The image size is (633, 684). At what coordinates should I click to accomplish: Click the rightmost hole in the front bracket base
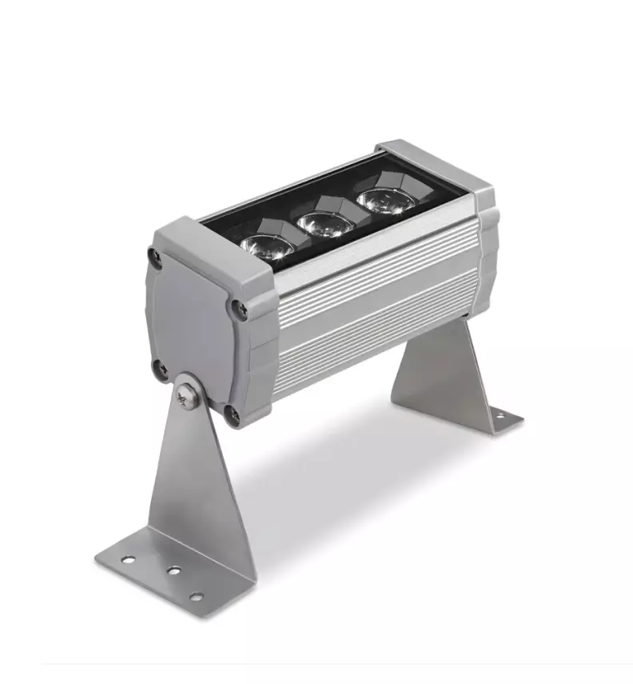point(194,596)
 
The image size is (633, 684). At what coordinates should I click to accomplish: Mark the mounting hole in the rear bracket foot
point(497,414)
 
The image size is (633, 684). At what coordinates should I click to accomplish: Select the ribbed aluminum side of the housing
point(376,304)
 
